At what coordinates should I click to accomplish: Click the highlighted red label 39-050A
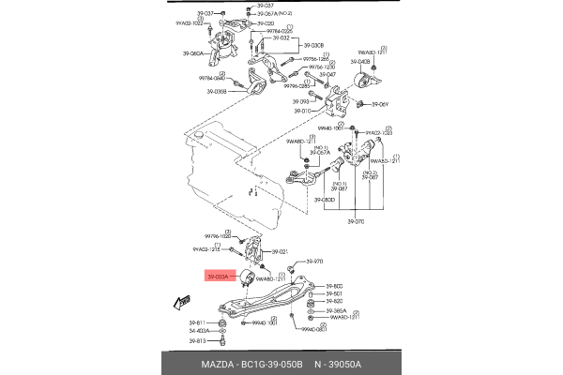217,277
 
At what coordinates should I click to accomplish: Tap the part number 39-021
281,251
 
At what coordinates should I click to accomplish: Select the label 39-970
314,262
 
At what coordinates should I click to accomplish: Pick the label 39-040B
361,61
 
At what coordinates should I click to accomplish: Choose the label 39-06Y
388,104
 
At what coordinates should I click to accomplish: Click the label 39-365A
336,310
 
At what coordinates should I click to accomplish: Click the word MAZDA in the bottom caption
218,364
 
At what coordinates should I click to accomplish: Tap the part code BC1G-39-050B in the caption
273,364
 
